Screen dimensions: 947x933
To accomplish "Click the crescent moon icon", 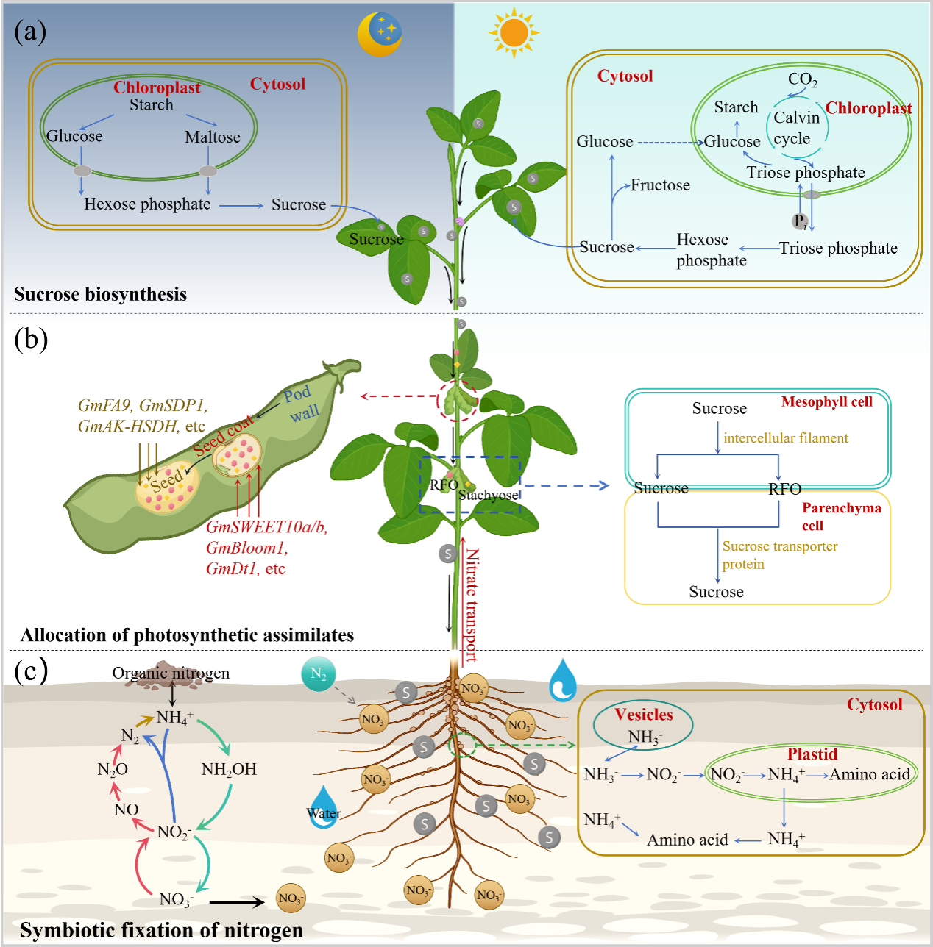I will (x=379, y=34).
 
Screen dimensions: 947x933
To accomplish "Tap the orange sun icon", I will (x=513, y=33).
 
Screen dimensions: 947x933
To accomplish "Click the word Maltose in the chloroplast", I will (x=213, y=137).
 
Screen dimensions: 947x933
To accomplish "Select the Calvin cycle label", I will (x=795, y=128).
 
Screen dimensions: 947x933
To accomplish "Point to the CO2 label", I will (x=802, y=79).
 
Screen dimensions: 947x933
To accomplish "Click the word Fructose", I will (x=660, y=185).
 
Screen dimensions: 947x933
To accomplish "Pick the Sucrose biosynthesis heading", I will (x=100, y=294).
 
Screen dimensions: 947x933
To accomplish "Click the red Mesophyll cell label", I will (x=826, y=401).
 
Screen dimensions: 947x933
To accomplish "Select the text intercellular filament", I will (x=785, y=438).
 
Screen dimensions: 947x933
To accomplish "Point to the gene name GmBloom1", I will (x=246, y=548).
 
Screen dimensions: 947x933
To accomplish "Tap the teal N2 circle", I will (x=319, y=673).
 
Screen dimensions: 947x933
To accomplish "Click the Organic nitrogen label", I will (x=171, y=673).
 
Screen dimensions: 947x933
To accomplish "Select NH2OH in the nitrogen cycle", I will (x=229, y=770).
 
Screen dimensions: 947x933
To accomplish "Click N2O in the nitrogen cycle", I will (x=113, y=770).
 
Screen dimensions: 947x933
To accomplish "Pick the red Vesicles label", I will (x=644, y=715).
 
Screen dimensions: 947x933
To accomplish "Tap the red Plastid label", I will (x=812, y=754).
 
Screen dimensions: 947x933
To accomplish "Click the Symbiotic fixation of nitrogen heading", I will (x=161, y=930).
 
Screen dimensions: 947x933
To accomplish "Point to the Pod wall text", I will (x=301, y=404).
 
